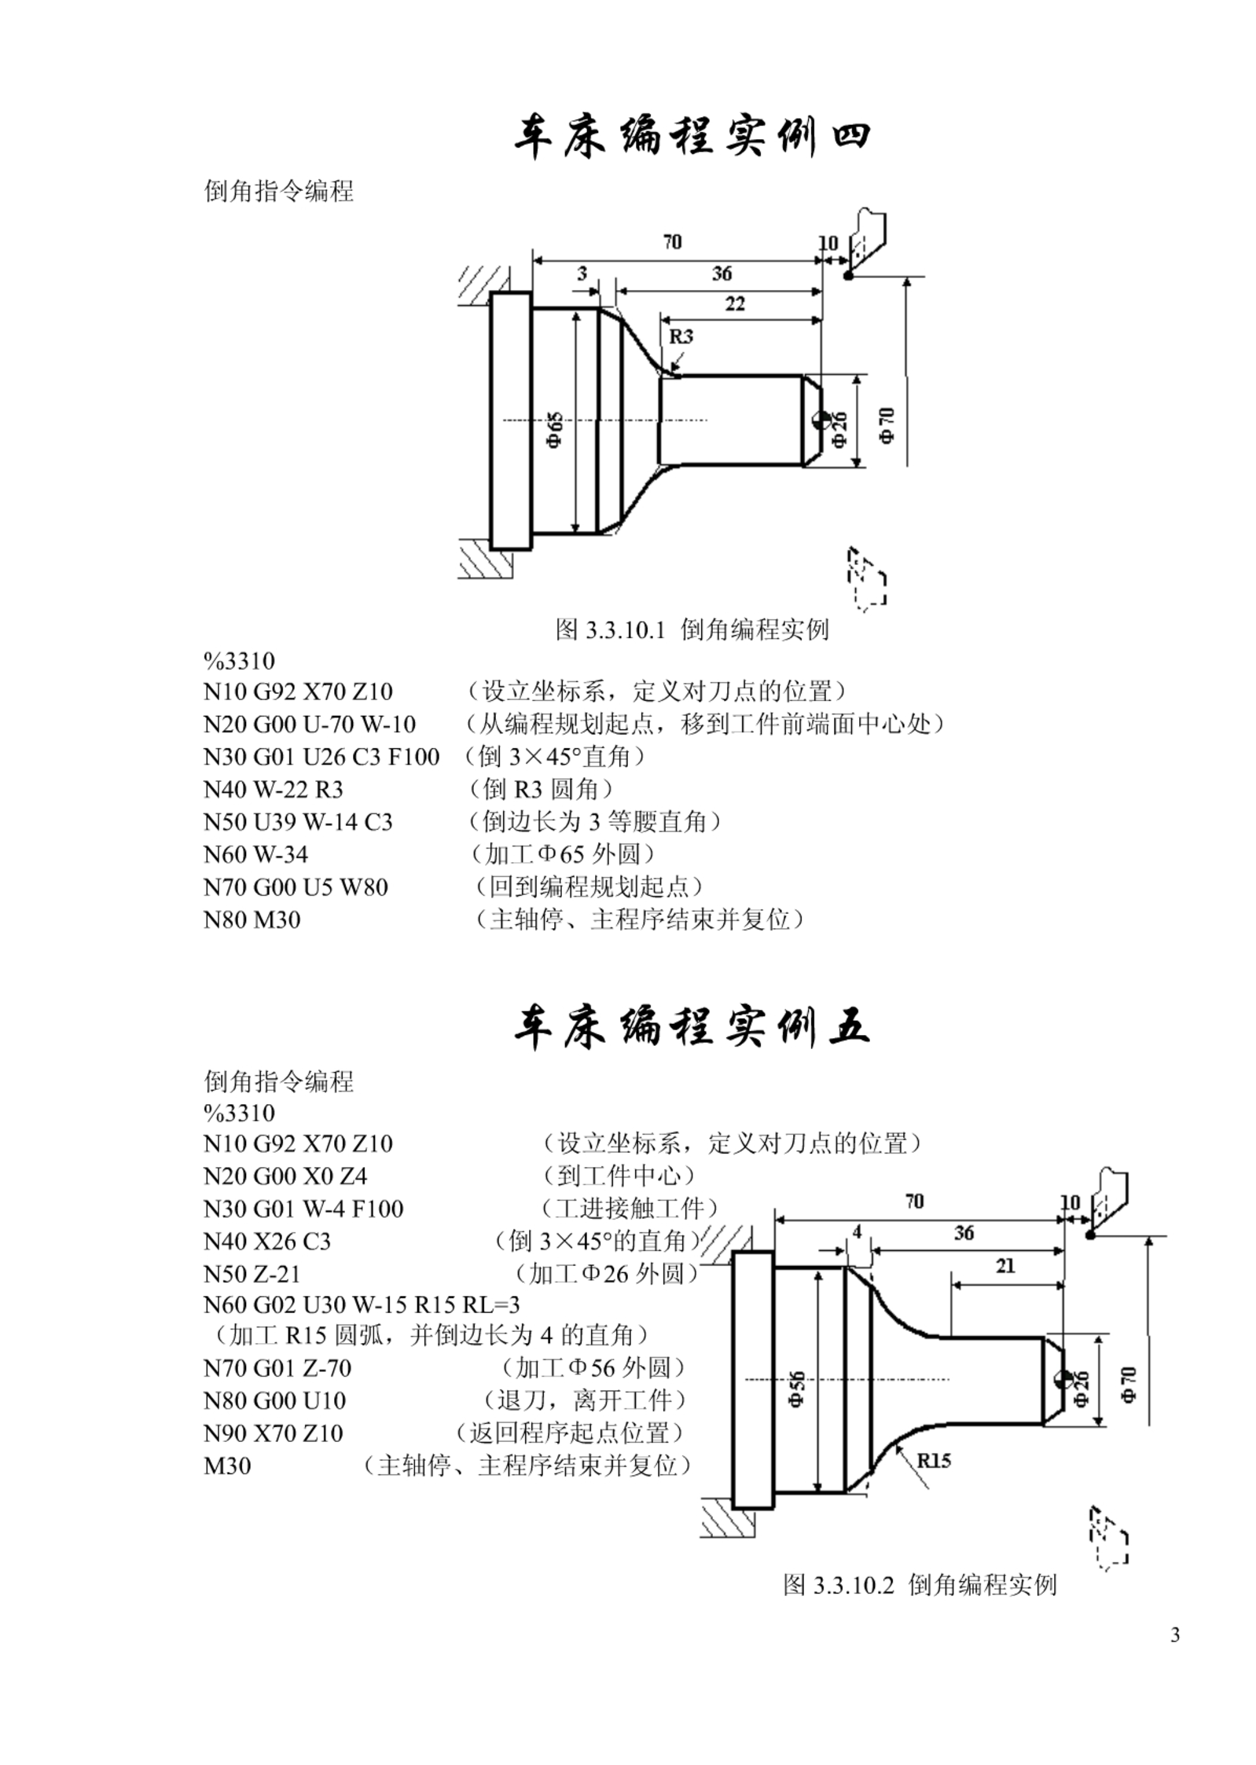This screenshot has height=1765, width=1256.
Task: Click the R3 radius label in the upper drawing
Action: [681, 336]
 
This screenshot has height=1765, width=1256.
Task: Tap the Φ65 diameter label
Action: [555, 429]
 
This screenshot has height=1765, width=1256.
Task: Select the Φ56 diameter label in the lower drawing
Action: [797, 1389]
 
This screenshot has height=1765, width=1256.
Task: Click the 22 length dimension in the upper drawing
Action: [735, 304]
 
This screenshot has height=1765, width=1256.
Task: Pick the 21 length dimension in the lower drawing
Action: [1005, 1266]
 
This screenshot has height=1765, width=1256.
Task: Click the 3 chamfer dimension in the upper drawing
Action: [582, 273]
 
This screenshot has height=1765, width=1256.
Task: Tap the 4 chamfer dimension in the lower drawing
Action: [857, 1231]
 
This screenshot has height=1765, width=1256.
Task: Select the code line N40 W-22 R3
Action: [274, 790]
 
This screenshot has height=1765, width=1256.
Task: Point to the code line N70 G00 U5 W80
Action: [296, 888]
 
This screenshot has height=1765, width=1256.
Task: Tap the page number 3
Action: [1175, 1637]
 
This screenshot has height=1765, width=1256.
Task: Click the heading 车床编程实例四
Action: [692, 138]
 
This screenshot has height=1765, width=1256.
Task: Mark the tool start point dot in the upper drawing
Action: [848, 276]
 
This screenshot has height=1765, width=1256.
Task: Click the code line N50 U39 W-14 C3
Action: [298, 823]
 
